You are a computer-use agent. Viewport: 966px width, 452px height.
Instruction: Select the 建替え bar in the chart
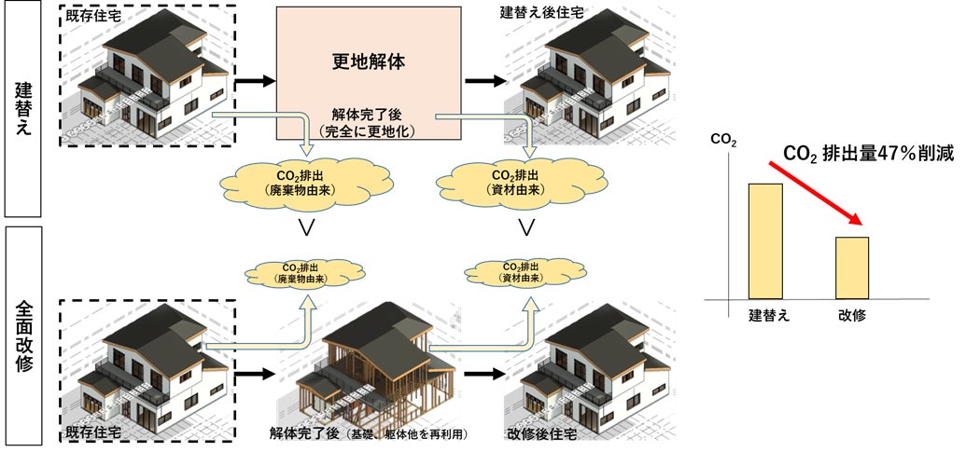click(x=764, y=240)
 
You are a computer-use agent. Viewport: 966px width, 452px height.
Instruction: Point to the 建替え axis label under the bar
click(x=769, y=315)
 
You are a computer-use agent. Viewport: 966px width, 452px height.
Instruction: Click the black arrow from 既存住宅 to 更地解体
click(x=255, y=81)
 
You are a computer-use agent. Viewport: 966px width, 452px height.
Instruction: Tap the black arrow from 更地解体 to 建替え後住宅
click(x=483, y=81)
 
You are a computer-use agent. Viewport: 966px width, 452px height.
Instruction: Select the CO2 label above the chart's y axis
click(x=721, y=142)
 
